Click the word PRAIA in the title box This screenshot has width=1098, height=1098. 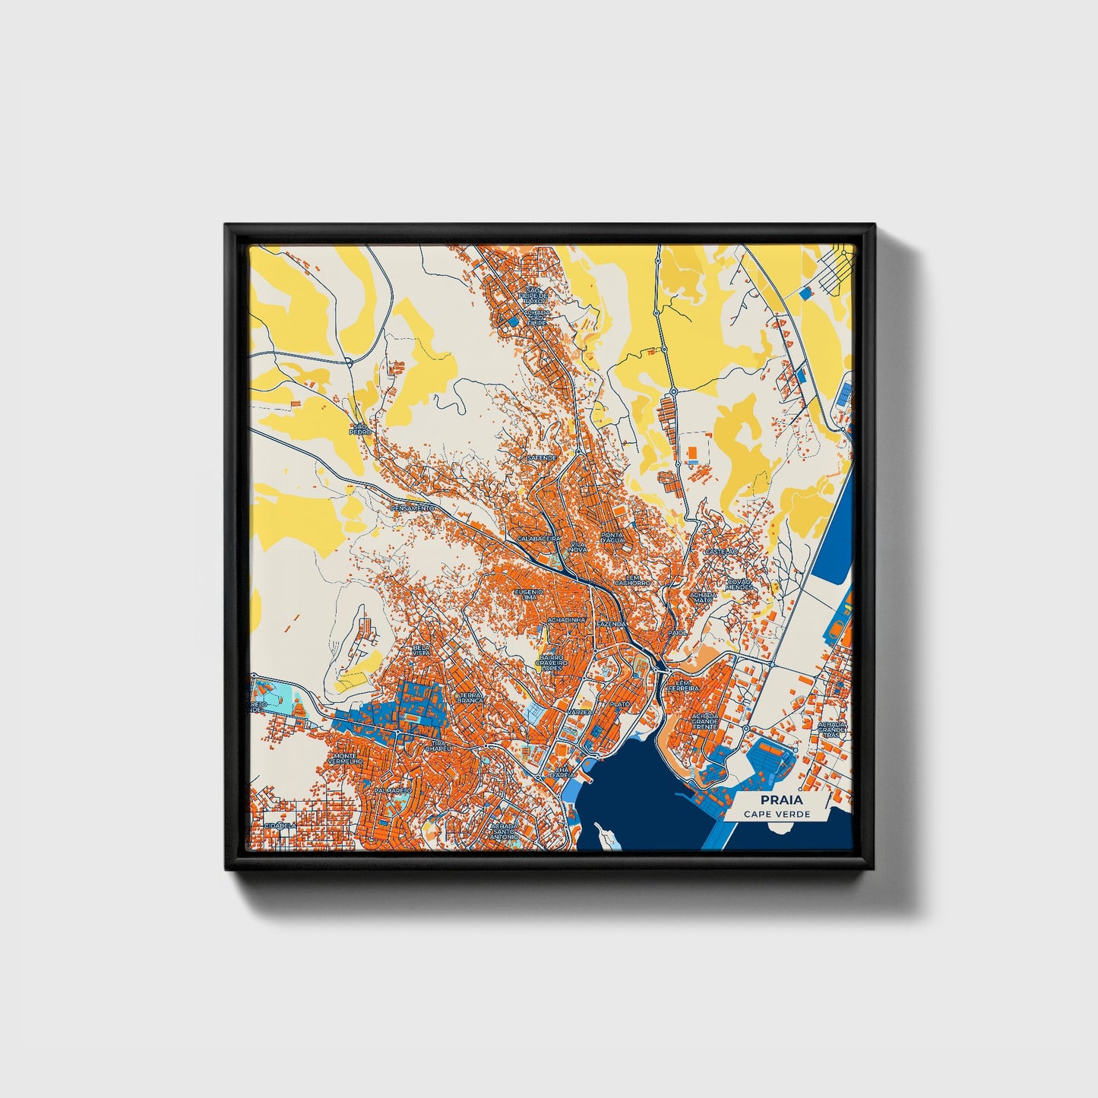[777, 799]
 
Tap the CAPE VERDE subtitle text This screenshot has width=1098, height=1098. [777, 814]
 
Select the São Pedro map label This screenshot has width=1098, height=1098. [359, 429]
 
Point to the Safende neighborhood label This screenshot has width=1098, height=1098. [542, 458]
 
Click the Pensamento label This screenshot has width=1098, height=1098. [413, 508]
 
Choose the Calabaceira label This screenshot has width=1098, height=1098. [538, 538]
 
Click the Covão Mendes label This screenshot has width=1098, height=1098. [739, 584]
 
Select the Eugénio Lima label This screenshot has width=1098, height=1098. [529, 594]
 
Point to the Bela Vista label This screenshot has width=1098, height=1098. [421, 650]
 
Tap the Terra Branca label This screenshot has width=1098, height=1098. [469, 698]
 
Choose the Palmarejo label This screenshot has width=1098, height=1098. [392, 790]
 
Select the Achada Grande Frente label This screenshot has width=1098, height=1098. [704, 721]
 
